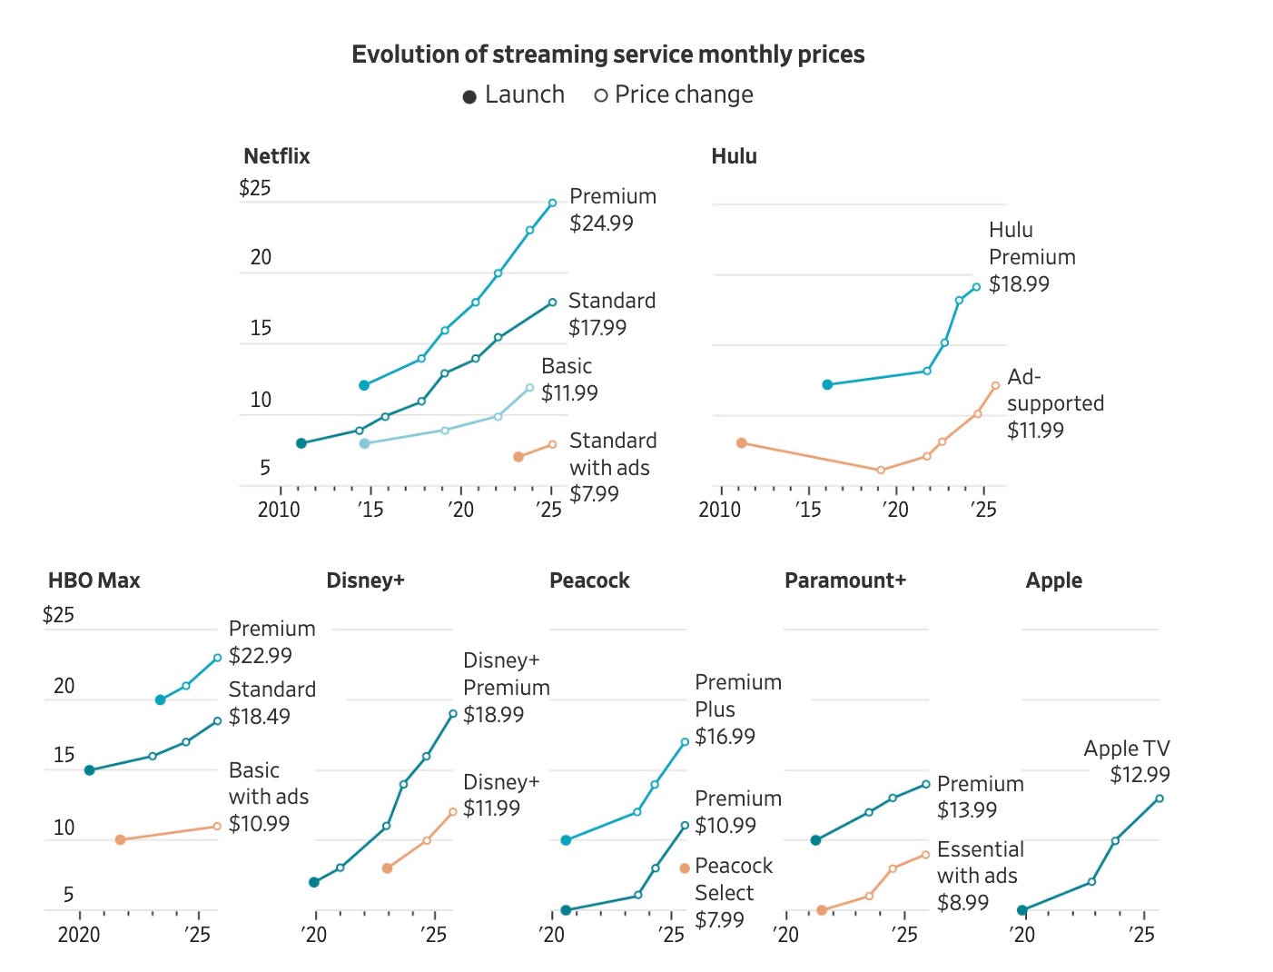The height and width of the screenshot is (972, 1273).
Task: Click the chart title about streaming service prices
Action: (x=607, y=55)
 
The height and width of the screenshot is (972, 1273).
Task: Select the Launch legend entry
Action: (x=514, y=95)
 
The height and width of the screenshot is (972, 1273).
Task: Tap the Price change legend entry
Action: (x=674, y=95)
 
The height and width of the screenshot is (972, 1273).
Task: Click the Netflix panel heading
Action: (x=277, y=156)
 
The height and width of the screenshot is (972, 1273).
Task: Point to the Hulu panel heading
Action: (x=734, y=156)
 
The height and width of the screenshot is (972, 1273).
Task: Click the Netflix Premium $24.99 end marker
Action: (x=552, y=203)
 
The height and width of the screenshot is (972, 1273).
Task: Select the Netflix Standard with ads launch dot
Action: (x=518, y=457)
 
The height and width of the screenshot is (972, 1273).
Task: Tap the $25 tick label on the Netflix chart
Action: (x=255, y=188)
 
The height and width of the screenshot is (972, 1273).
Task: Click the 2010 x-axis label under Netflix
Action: (x=279, y=510)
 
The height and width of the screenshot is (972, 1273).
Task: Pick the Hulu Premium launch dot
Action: (x=827, y=385)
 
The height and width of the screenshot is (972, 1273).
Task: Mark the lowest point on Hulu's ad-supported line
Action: (x=881, y=471)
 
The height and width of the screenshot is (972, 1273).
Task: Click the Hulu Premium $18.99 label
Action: (x=1031, y=257)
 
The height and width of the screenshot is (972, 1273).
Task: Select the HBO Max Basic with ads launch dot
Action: (x=120, y=840)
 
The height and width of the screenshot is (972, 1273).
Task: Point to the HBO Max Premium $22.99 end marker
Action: (x=217, y=658)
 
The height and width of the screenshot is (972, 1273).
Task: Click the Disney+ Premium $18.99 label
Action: (x=506, y=688)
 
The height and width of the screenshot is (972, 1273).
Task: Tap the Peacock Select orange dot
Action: (x=685, y=868)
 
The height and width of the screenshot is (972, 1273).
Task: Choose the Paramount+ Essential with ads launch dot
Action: (x=821, y=910)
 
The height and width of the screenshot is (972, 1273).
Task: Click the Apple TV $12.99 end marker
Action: (x=1160, y=798)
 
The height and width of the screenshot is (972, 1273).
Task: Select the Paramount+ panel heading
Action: (x=844, y=580)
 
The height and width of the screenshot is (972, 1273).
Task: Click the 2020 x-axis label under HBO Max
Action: (x=79, y=935)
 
